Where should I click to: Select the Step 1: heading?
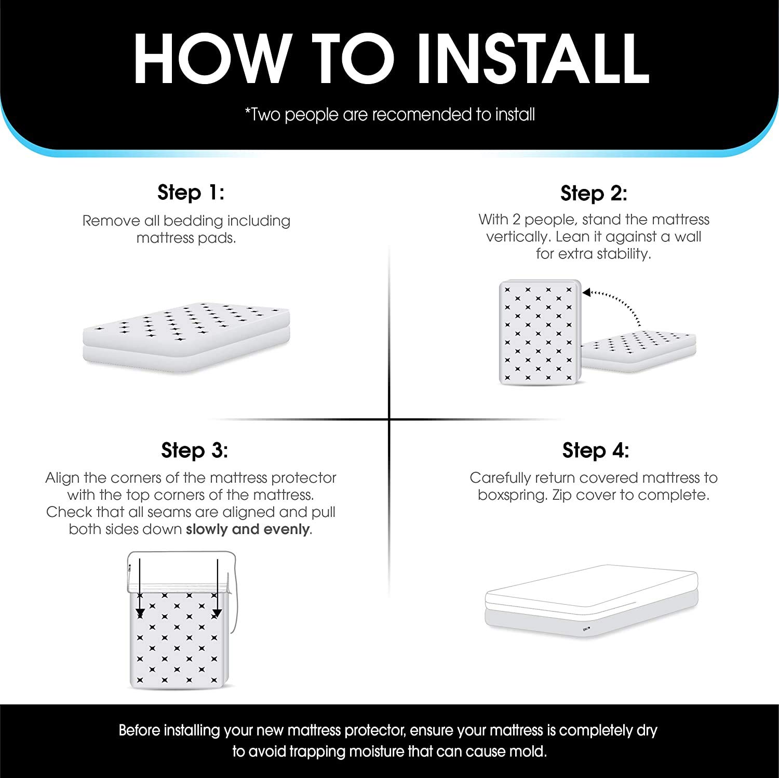tap(191, 193)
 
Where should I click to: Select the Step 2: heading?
tap(594, 194)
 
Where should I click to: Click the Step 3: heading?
tap(194, 450)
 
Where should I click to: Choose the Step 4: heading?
tap(596, 450)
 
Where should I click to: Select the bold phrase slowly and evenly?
tap(248, 529)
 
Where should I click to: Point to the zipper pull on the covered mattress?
tap(586, 630)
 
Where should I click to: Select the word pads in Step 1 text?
tap(221, 238)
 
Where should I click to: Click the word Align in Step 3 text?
tap(62, 477)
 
